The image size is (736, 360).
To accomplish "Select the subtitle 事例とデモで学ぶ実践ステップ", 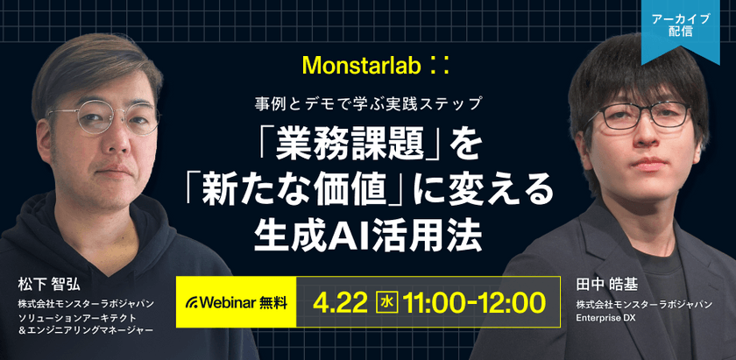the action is (368, 103).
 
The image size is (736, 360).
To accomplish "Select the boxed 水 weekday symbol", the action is (387, 303).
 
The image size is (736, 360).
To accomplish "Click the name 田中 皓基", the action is (607, 286).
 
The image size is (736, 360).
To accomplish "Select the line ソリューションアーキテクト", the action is (77, 318).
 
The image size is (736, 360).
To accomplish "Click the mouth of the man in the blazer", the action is (648, 163).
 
